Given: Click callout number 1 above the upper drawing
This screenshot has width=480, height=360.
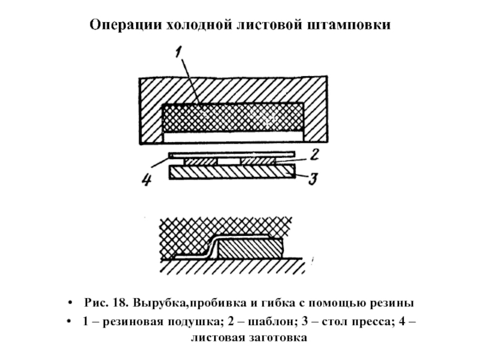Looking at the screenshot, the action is pyautogui.click(x=179, y=52).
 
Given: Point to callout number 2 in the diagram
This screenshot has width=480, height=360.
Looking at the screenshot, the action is pyautogui.click(x=314, y=155).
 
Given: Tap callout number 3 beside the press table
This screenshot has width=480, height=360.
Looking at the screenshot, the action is pyautogui.click(x=313, y=178).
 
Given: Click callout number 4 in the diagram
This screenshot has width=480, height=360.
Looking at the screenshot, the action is pyautogui.click(x=146, y=179).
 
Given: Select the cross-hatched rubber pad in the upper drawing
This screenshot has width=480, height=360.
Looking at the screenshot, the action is pyautogui.click(x=233, y=118).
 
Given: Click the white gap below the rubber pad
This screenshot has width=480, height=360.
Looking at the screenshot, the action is pyautogui.click(x=233, y=137).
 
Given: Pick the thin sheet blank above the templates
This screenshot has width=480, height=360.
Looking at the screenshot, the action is pyautogui.click(x=232, y=154).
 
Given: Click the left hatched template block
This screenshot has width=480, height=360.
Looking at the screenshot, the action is pyautogui.click(x=200, y=161).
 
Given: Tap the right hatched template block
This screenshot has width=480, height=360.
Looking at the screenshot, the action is pyautogui.click(x=258, y=161).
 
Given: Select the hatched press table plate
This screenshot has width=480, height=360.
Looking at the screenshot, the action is pyautogui.click(x=232, y=172).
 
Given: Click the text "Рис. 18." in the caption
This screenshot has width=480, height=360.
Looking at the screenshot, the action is pyautogui.click(x=106, y=303).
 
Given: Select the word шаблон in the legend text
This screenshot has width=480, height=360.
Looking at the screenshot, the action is pyautogui.click(x=272, y=322).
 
